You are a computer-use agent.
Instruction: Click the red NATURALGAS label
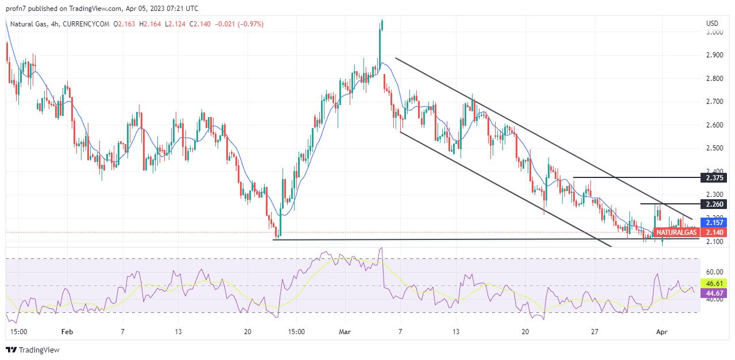coord(676,233)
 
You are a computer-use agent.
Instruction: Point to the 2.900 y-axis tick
coord(714,55)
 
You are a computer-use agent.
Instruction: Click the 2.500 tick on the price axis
coord(714,148)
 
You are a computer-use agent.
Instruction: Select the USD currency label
coord(712,24)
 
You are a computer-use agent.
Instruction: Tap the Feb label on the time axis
coord(68,332)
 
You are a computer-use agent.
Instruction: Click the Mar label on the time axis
coord(345,332)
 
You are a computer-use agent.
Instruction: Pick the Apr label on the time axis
coord(661,332)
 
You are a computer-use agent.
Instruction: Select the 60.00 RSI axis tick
coord(714,272)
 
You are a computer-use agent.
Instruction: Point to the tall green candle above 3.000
coord(381,26)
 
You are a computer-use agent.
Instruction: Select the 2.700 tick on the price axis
coord(714,102)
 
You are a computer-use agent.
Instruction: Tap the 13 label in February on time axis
coord(178,332)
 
